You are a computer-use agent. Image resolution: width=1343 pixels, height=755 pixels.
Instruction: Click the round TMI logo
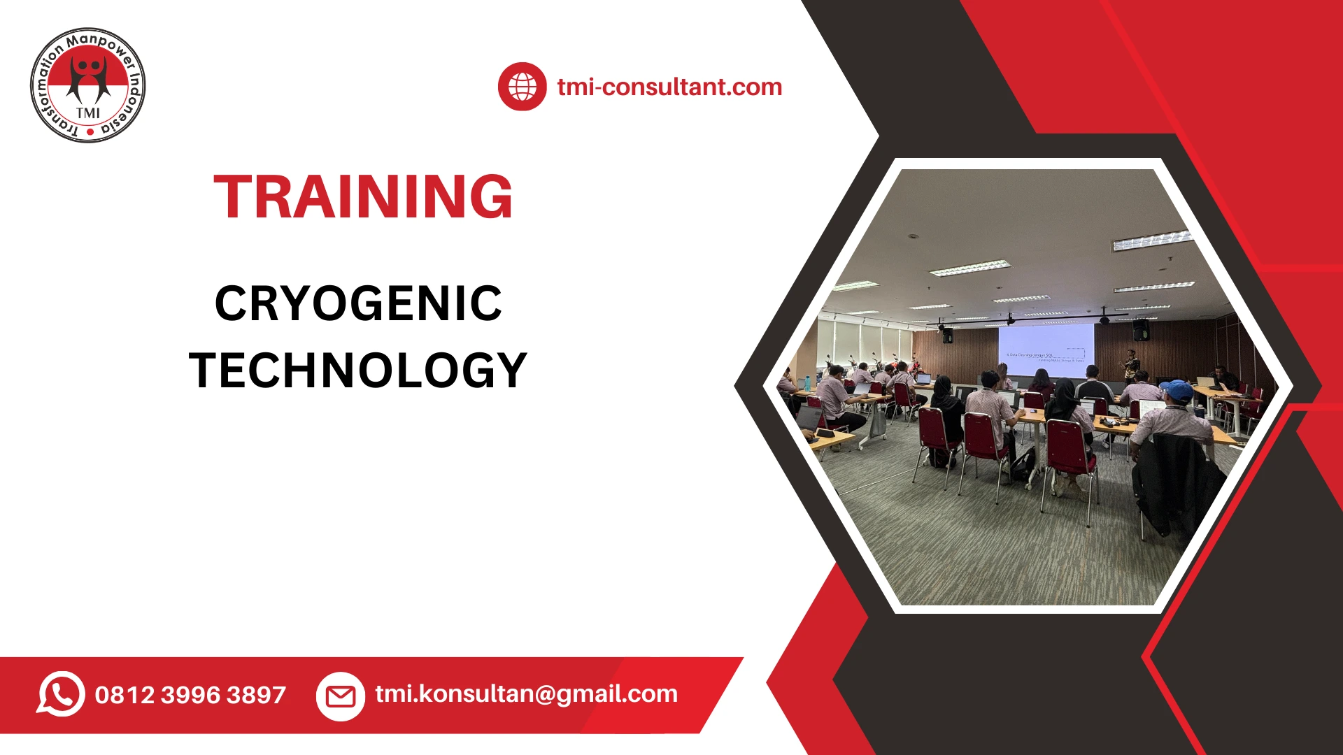[88, 85]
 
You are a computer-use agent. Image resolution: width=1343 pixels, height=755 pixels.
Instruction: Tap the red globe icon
[522, 87]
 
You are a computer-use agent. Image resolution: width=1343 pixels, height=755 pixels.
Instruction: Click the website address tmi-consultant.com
[669, 87]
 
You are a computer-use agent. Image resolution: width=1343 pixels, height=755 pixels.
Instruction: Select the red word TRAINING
[363, 197]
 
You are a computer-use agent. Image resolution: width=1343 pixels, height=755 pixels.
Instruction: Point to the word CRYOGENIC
[358, 303]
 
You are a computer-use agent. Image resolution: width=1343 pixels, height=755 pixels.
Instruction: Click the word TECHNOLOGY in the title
[358, 371]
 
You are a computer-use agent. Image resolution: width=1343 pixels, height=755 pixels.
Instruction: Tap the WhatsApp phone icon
[61, 694]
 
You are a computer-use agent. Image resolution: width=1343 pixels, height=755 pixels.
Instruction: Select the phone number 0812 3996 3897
[190, 695]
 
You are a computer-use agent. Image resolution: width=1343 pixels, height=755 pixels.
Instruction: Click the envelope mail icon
[341, 696]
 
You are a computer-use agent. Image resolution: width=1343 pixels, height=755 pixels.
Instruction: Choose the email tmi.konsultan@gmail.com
[526, 693]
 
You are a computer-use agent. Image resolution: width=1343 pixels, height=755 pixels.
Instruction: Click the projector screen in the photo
[1046, 344]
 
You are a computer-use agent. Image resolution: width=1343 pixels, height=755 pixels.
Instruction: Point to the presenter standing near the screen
[1130, 364]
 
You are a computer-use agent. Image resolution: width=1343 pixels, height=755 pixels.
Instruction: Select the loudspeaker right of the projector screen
[1141, 329]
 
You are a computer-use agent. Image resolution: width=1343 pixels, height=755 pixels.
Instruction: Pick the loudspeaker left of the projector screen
[947, 335]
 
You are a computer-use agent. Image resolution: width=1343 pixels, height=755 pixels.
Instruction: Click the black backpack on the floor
[1024, 463]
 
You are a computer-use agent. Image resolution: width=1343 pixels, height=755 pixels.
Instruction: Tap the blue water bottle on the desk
[808, 383]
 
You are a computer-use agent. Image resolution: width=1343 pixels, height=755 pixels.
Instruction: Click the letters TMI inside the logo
[88, 113]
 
